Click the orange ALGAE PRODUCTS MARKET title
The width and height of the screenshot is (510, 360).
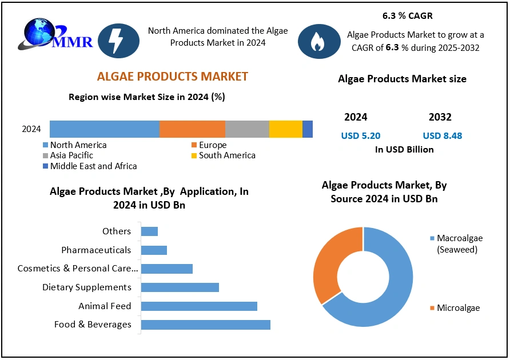click(x=173, y=77)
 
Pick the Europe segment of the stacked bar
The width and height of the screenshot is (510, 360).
click(x=192, y=129)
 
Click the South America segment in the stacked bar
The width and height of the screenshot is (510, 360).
click(x=285, y=129)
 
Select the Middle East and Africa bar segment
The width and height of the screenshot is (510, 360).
click(x=308, y=129)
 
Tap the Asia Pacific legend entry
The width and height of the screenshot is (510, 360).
click(x=71, y=155)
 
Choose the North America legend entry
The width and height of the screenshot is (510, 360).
click(x=78, y=145)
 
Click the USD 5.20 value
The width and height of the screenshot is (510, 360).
click(x=360, y=136)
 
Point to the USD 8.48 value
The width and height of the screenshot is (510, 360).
click(x=443, y=136)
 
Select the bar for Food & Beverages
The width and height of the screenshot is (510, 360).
click(x=205, y=325)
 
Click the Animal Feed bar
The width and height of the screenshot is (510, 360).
click(x=199, y=306)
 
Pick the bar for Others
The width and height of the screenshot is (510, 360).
click(x=149, y=231)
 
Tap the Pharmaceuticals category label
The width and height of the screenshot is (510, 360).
click(x=96, y=250)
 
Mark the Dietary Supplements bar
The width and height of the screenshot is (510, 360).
click(x=180, y=287)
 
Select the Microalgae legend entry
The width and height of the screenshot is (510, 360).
click(x=458, y=308)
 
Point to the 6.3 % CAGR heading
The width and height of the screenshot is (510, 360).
click(x=407, y=16)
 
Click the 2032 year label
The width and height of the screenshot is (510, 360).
click(x=440, y=117)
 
